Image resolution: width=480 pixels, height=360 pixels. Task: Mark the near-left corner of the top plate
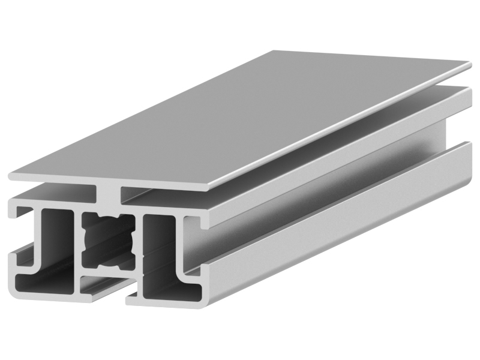coord(11,176)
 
